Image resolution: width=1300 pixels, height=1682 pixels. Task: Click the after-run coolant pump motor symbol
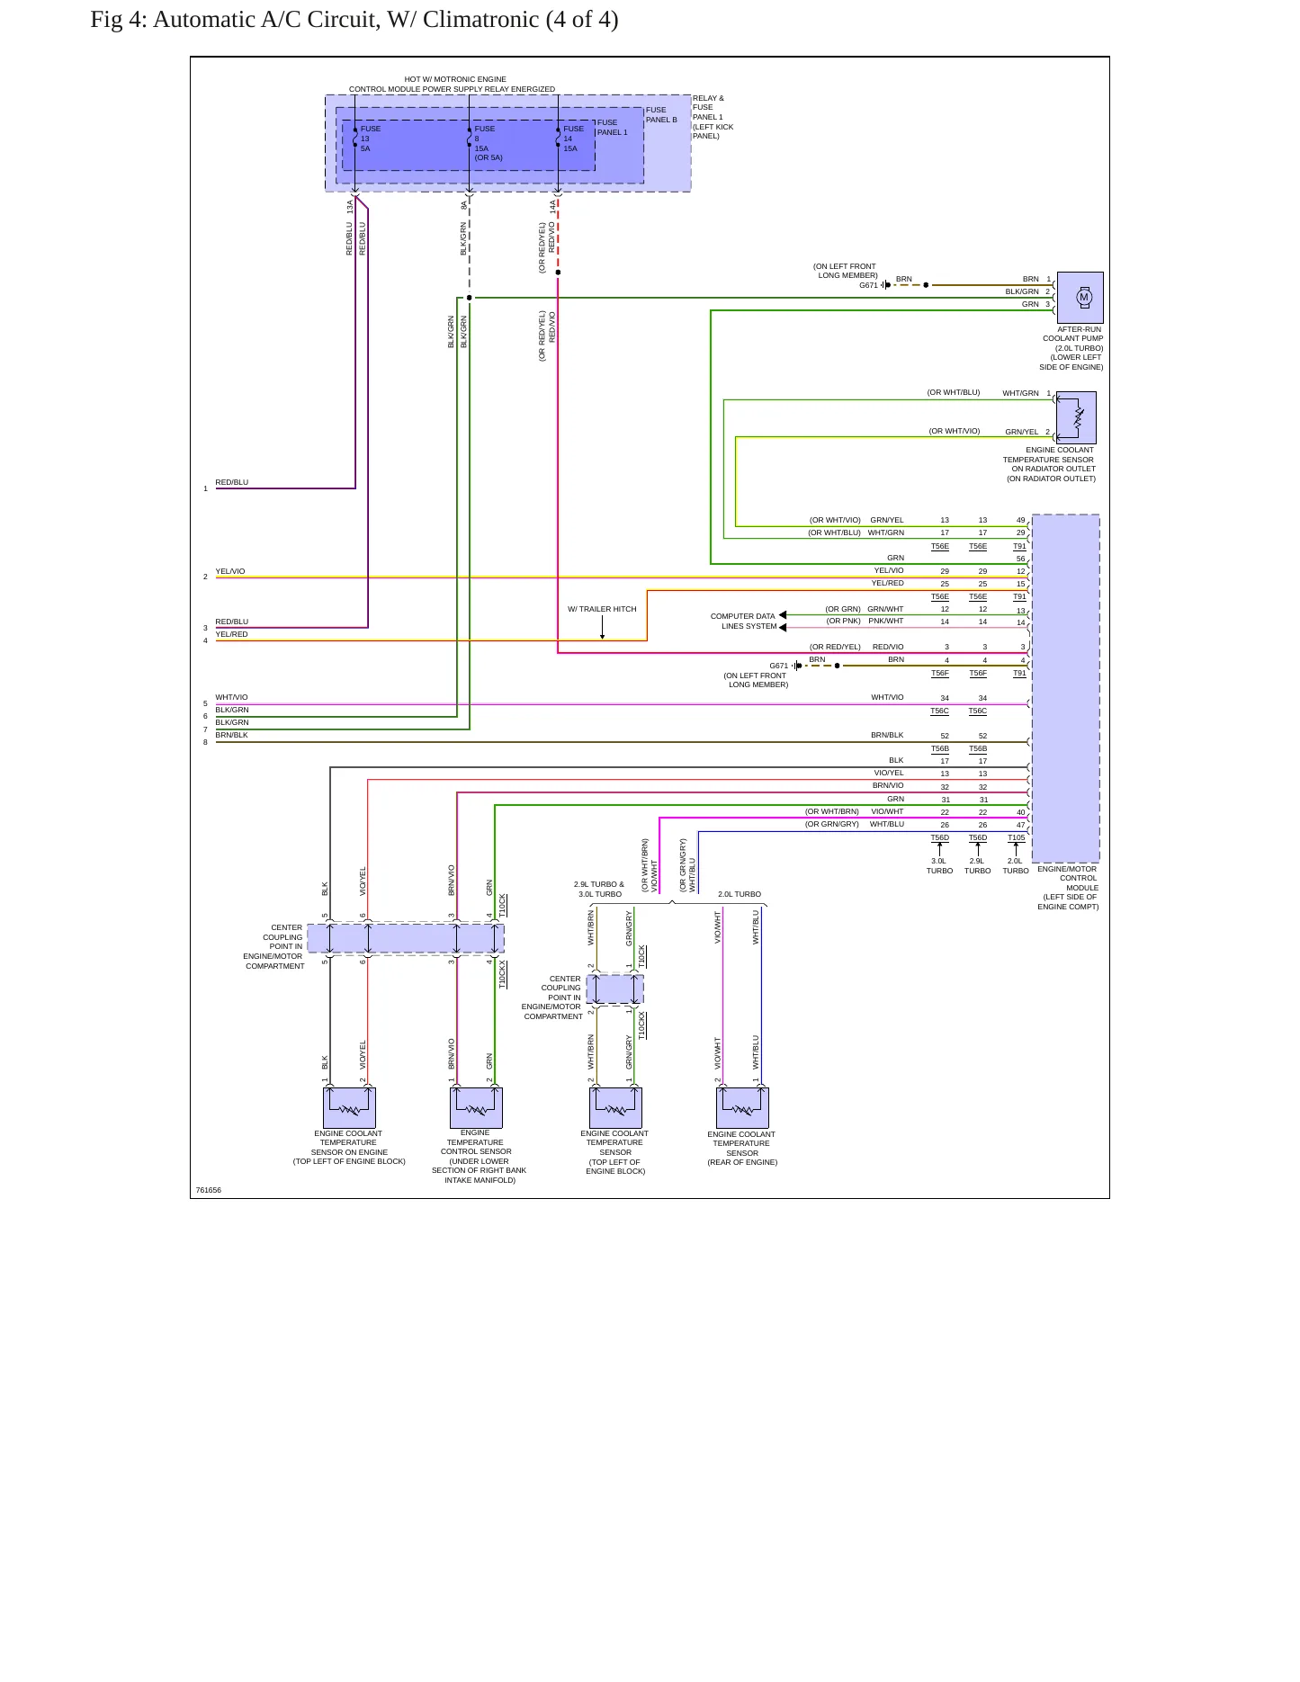(1080, 297)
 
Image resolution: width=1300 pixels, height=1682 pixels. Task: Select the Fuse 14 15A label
(573, 139)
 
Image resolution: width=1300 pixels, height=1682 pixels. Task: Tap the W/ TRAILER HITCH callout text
(602, 609)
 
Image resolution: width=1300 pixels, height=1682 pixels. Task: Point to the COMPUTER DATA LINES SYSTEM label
(743, 622)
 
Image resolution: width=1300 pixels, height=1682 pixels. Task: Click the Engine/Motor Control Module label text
(1068, 888)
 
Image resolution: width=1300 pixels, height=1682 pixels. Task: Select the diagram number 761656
(209, 1190)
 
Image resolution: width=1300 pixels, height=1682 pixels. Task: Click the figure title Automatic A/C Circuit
(354, 20)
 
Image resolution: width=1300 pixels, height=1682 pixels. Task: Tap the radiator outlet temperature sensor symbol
(1076, 417)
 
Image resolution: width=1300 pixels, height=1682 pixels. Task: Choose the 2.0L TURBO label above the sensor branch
(740, 894)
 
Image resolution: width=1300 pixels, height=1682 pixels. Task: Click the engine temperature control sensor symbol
(476, 1107)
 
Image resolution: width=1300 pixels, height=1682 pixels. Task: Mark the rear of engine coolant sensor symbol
(742, 1107)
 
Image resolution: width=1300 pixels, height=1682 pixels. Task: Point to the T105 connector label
(1016, 837)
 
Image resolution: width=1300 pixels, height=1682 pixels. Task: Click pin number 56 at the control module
(1021, 559)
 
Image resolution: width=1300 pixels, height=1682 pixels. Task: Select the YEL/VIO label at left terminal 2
(230, 571)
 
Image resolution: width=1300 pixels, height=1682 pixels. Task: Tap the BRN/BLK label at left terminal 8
(231, 735)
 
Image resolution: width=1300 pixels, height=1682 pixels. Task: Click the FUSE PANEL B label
(661, 114)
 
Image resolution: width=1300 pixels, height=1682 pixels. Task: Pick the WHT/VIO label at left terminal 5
(231, 697)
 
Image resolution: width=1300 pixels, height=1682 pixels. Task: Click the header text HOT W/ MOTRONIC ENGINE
(455, 79)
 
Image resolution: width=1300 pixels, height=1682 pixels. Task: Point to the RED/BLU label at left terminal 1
(231, 482)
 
